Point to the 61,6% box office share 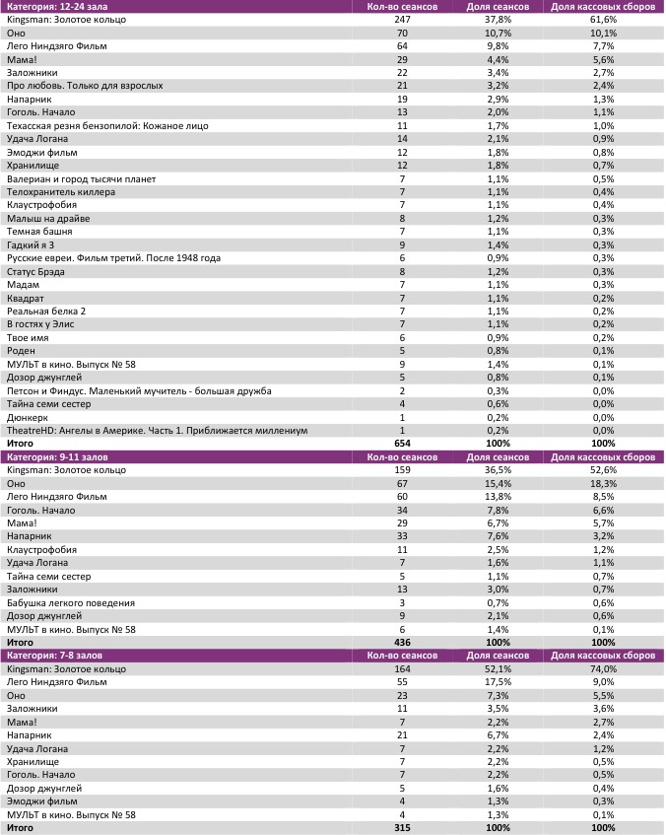tap(602, 20)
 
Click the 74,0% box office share tap(602, 668)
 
